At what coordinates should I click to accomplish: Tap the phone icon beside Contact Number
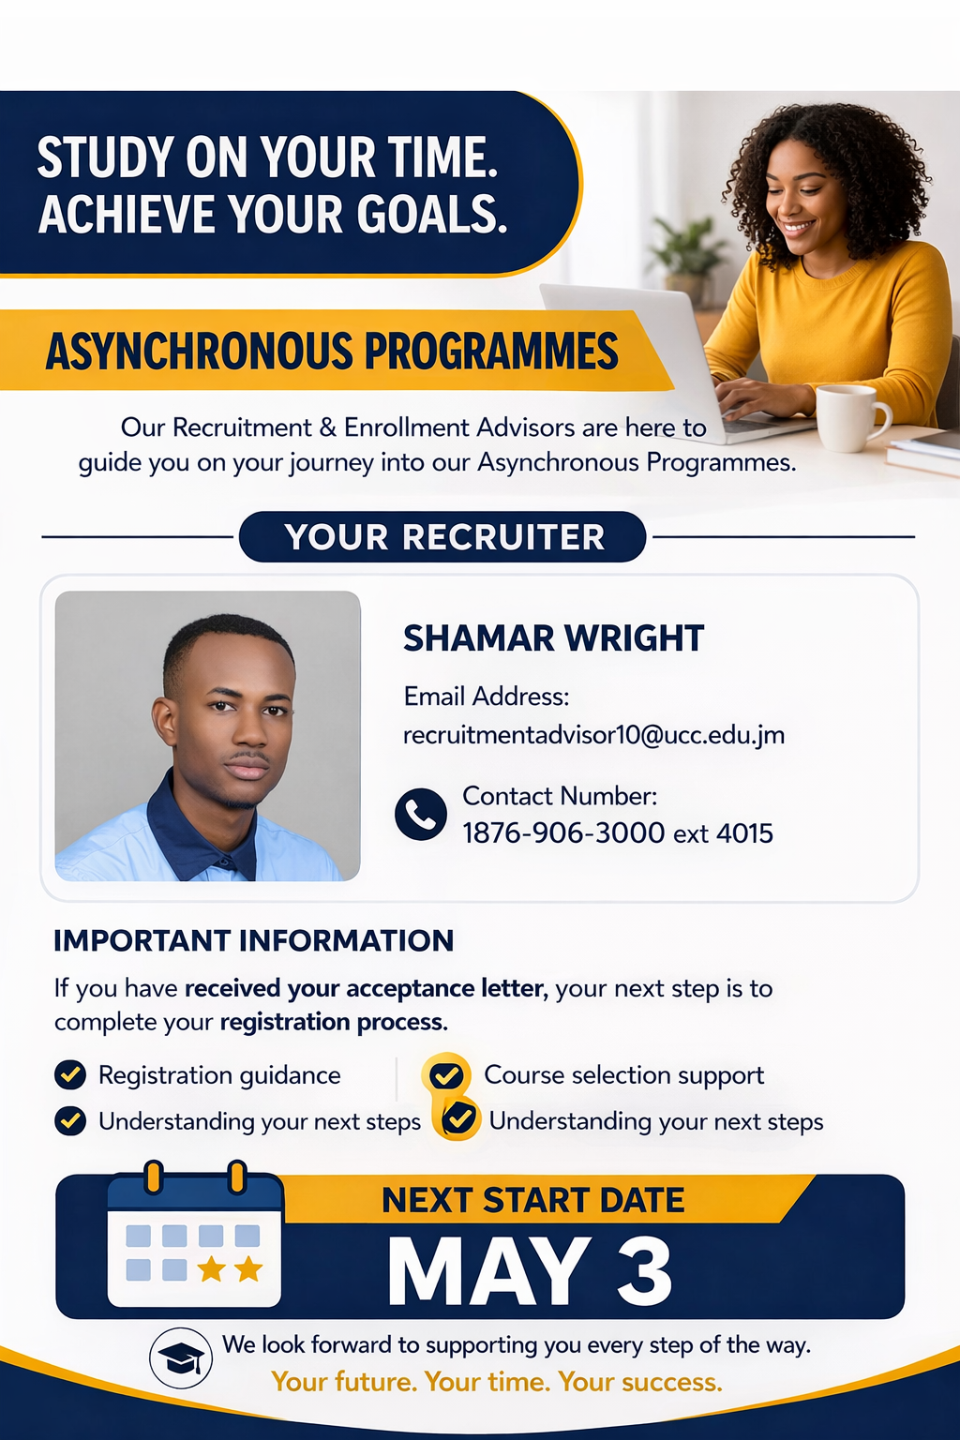click(x=421, y=814)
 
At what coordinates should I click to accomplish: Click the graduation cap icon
click(x=181, y=1357)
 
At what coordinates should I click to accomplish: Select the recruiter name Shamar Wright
click(x=554, y=638)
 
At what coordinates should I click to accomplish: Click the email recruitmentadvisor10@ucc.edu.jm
click(x=594, y=735)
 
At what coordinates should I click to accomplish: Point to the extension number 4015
click(x=744, y=833)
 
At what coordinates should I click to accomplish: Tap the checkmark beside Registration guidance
click(x=70, y=1074)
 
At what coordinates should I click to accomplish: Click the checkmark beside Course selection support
click(x=446, y=1075)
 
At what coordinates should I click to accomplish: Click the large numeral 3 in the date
click(x=645, y=1271)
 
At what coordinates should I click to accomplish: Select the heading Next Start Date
click(x=533, y=1200)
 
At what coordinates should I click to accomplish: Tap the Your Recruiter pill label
click(x=442, y=537)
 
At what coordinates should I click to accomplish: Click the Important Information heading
click(x=254, y=940)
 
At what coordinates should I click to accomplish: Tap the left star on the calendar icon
click(x=211, y=1269)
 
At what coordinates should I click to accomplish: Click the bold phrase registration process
click(x=334, y=1022)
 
